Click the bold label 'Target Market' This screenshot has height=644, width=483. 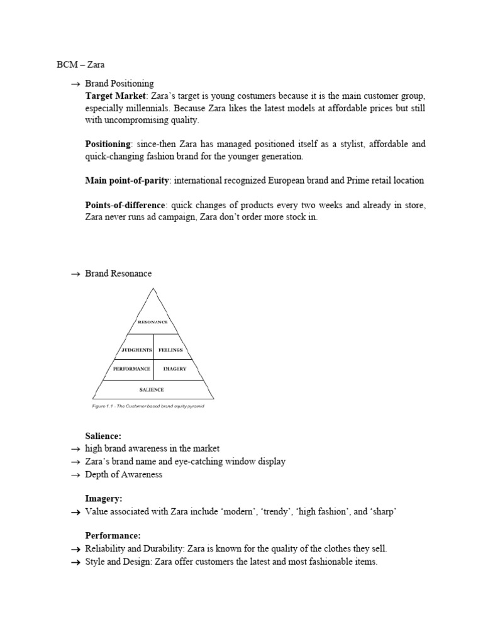115,96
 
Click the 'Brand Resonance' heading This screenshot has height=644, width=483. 118,274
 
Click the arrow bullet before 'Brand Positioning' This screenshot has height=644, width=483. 75,84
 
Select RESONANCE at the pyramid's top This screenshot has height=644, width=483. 153,322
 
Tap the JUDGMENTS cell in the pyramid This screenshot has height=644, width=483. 136,350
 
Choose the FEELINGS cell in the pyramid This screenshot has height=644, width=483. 170,350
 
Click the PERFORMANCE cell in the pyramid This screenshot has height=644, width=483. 131,369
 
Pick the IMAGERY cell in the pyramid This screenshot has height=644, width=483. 175,369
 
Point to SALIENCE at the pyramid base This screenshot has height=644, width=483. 153,390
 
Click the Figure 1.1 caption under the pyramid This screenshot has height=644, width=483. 148,406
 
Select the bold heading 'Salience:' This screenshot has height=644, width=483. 103,436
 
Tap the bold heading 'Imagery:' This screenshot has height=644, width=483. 103,498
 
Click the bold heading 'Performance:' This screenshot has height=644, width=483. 113,535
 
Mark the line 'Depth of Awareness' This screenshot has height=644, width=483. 124,474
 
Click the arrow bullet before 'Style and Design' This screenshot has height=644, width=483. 75,562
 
